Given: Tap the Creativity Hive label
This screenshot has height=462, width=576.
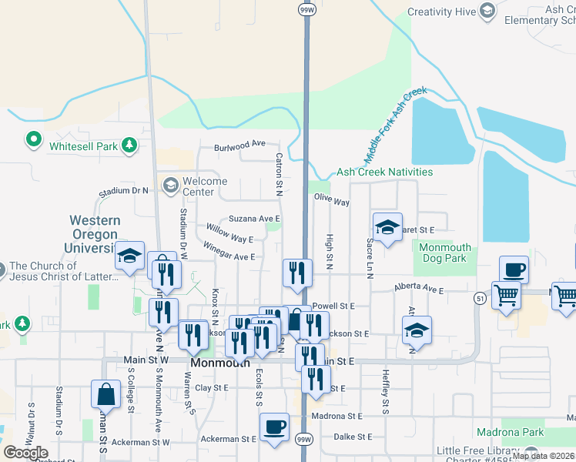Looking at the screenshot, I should [x=440, y=12].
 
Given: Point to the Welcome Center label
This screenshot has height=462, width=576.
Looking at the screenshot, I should [x=204, y=186].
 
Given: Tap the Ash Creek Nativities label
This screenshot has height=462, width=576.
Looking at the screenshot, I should [x=384, y=172].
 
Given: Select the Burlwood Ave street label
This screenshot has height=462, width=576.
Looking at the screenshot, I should [x=239, y=144].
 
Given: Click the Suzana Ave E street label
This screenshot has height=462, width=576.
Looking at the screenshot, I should [x=254, y=219].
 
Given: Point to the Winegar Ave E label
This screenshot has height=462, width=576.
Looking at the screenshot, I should [x=229, y=251].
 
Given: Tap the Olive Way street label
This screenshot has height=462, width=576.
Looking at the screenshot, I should [x=331, y=202].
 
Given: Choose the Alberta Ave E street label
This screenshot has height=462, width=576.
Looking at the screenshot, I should [x=419, y=289].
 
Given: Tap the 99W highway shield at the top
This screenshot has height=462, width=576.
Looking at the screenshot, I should [x=306, y=9].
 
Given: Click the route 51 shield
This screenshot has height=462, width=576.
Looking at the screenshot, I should [x=480, y=298].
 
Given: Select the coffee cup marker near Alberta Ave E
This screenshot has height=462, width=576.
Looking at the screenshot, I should [x=514, y=270].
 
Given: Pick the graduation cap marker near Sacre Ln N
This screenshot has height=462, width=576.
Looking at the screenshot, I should [x=387, y=227].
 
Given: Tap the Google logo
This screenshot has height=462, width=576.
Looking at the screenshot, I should [x=25, y=453].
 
